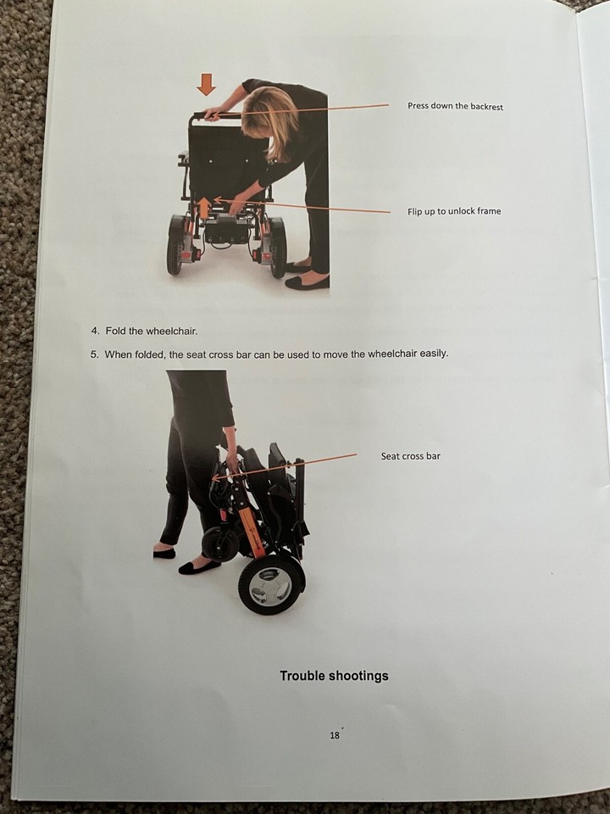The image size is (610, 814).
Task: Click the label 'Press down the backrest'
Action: tap(455, 107)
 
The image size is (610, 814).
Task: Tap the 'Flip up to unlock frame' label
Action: tap(453, 211)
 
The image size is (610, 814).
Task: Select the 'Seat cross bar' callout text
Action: tap(410, 456)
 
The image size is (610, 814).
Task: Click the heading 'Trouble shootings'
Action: tap(334, 676)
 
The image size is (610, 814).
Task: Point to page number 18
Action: tap(335, 735)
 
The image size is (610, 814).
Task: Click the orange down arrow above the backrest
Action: tap(206, 84)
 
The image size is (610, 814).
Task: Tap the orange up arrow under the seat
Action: tap(203, 207)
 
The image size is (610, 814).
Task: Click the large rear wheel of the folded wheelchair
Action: tap(270, 584)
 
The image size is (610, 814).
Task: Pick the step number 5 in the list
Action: tap(94, 354)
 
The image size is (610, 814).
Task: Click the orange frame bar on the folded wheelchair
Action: tap(250, 526)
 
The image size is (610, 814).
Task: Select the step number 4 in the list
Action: tap(95, 331)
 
